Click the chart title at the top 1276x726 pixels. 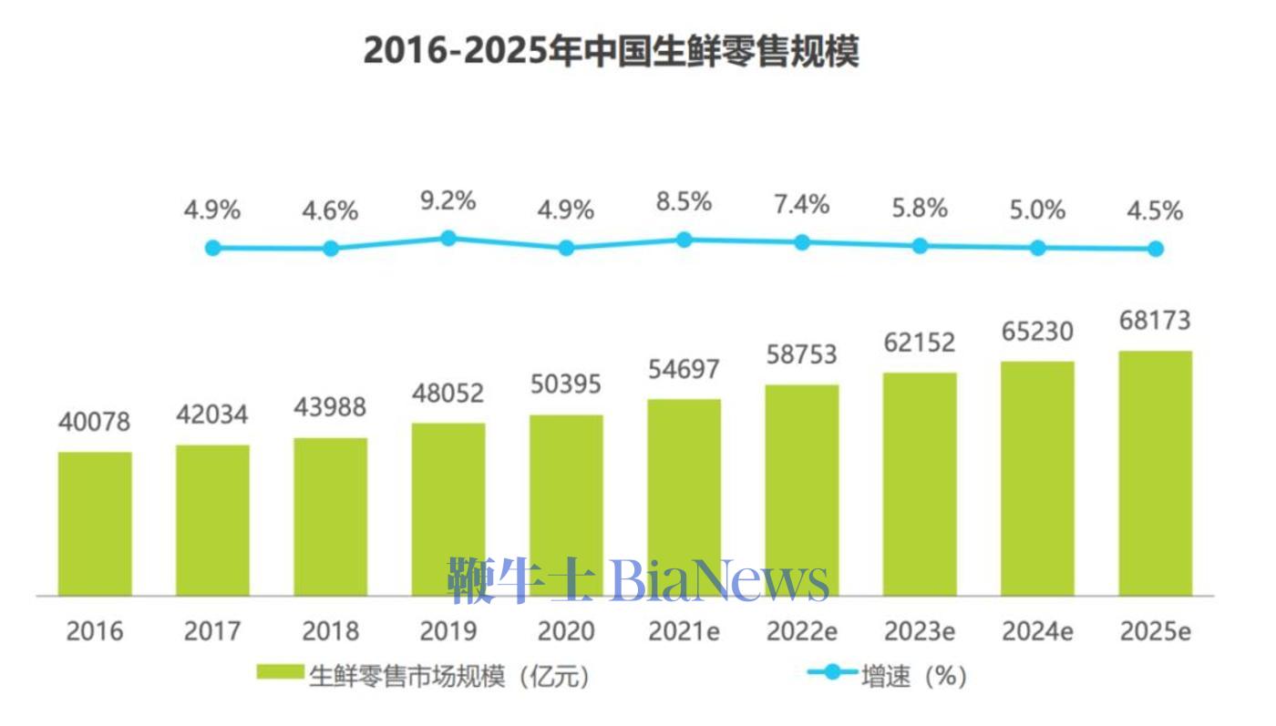click(611, 51)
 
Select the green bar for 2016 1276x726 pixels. click(95, 524)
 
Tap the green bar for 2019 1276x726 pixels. click(448, 510)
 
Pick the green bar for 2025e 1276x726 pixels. click(1155, 474)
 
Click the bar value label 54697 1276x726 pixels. click(684, 370)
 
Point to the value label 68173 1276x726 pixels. click(1155, 321)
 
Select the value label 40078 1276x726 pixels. click(95, 423)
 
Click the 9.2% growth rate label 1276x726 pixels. click(448, 201)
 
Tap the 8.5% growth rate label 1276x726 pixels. click(684, 201)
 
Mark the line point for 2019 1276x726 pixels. click(448, 238)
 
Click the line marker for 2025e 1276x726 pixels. click(1155, 248)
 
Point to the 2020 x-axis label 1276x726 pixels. click(566, 630)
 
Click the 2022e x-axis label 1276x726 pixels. click(802, 630)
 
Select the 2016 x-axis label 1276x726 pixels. click(95, 630)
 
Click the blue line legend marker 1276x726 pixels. click(832, 673)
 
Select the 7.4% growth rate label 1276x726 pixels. click(802, 205)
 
